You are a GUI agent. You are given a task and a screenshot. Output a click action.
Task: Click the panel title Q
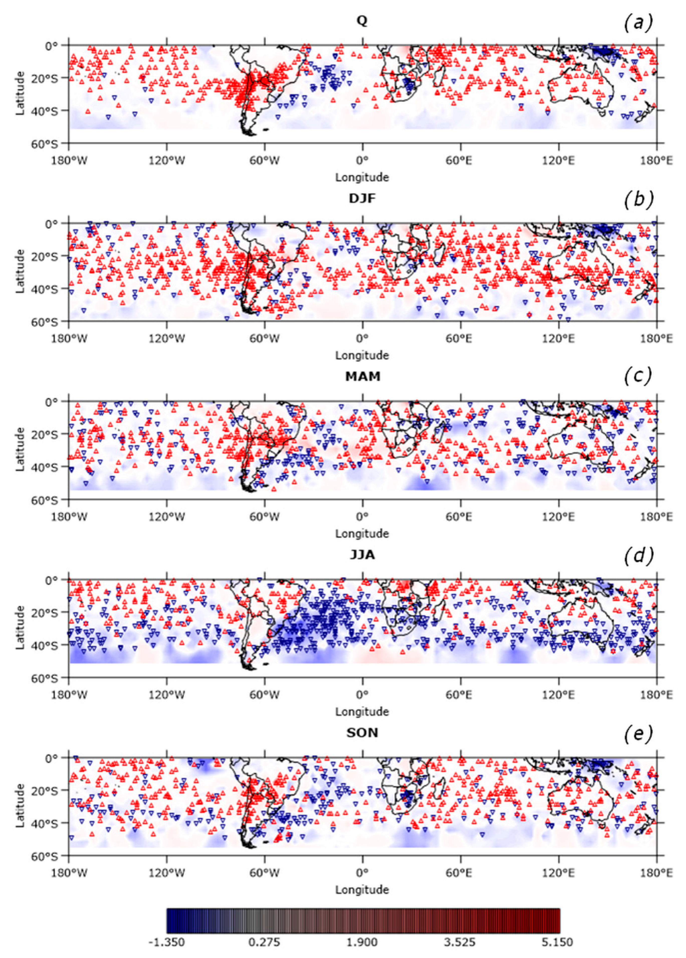(x=362, y=20)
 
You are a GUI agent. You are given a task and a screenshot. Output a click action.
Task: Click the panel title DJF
(x=362, y=198)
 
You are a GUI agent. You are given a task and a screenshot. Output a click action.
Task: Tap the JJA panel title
(x=362, y=555)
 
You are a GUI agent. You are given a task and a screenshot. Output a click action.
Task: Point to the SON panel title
(x=362, y=733)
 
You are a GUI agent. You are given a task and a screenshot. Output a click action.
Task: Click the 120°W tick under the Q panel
(x=167, y=161)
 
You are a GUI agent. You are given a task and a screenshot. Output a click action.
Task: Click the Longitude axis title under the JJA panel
(x=362, y=712)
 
